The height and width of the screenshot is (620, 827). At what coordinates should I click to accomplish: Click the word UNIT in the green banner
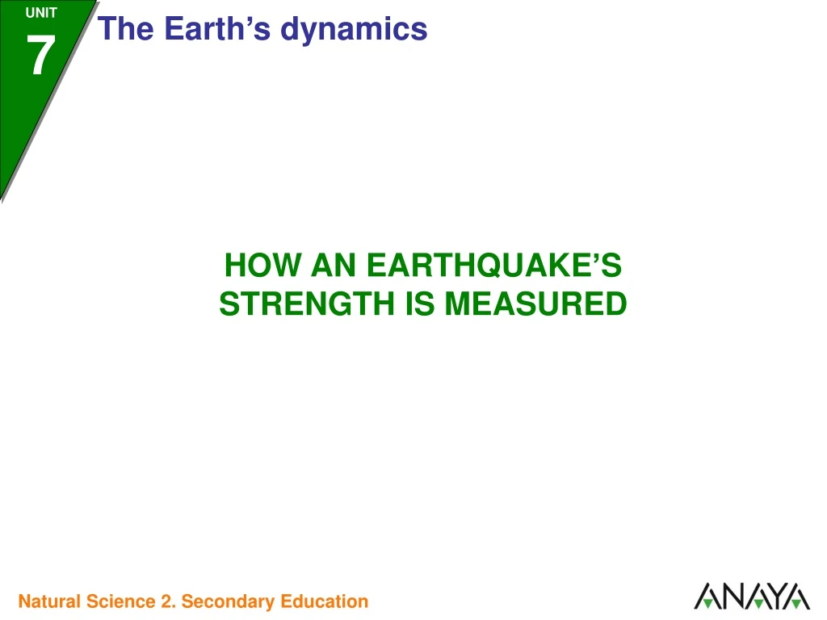click(x=40, y=13)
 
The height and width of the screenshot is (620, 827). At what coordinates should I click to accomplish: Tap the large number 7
click(x=40, y=57)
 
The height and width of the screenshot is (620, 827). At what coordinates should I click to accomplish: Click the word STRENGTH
click(x=305, y=304)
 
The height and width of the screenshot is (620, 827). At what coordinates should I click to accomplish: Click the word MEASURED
click(x=536, y=304)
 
